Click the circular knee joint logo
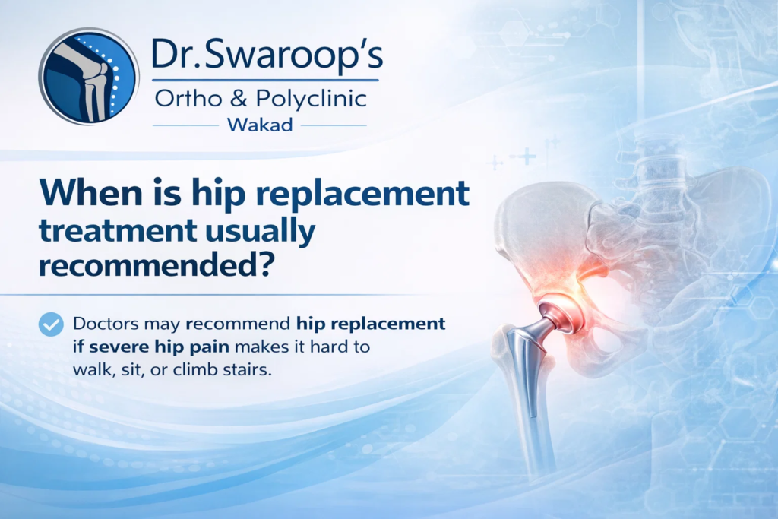click(88, 77)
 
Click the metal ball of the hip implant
click(561, 314)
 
